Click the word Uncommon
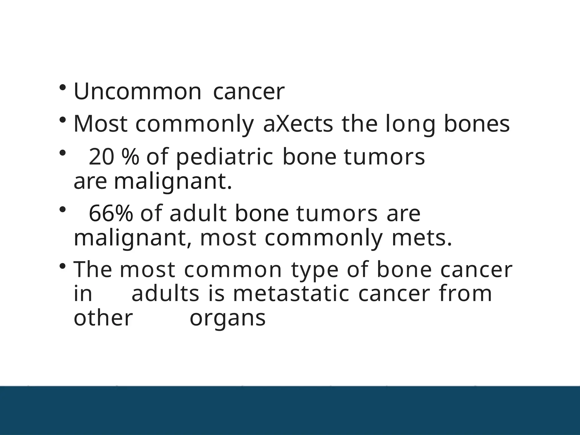tap(137, 92)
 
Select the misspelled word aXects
tap(298, 124)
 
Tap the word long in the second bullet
tap(410, 124)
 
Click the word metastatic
tap(291, 293)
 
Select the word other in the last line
tap(103, 318)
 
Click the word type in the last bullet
tap(315, 269)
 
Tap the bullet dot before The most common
tap(62, 266)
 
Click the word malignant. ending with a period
tap(173, 181)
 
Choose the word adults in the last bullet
tap(165, 293)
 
